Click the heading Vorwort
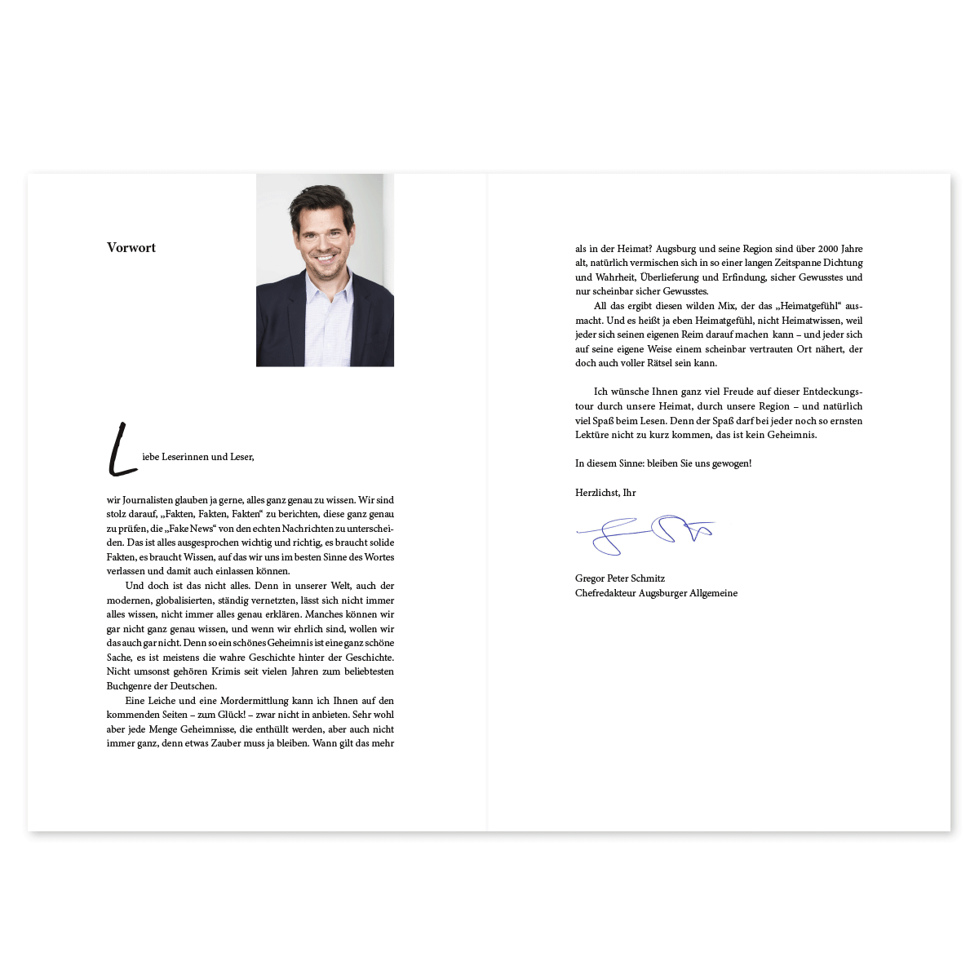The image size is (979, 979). pos(131,248)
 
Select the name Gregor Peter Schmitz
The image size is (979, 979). pos(620,578)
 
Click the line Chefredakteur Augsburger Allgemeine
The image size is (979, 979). pos(656,593)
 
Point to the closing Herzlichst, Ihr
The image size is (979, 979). pos(605,493)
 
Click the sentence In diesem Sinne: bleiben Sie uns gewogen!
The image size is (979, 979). pos(663,463)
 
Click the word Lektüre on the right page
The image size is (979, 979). pos(592,435)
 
